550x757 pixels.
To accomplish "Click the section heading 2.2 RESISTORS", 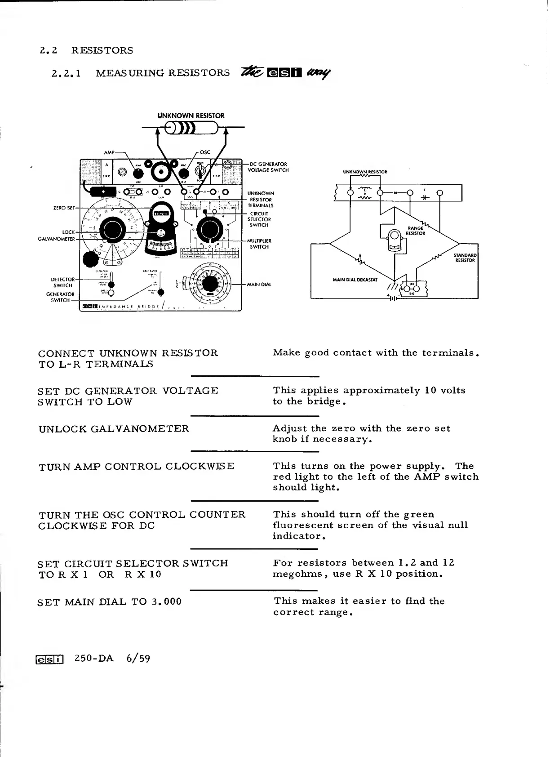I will coord(86,50).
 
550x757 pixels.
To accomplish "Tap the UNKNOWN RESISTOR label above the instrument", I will coord(191,116).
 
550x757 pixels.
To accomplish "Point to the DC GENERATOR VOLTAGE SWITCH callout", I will coord(268,167).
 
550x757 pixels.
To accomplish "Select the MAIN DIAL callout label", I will coord(259,285).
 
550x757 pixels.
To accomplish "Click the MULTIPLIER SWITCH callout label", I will coord(259,244).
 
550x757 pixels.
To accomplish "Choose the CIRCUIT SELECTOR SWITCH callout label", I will coord(259,219).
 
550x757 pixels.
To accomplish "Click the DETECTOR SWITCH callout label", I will coord(63,282).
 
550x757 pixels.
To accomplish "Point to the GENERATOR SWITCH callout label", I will coord(61,297).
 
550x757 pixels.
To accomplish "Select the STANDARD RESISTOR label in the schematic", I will coord(465,258).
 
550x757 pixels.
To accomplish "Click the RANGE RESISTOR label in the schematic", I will coord(416,231).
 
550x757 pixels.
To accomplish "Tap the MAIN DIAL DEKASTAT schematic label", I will coord(355,280).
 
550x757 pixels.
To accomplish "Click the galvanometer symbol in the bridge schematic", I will coord(395,239).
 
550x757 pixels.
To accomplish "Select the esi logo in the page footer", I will coord(50,659).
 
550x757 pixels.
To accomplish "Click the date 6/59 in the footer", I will coord(138,659).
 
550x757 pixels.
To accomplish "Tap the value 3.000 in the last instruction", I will coord(166,602).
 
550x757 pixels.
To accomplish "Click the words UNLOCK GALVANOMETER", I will coord(114,429).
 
